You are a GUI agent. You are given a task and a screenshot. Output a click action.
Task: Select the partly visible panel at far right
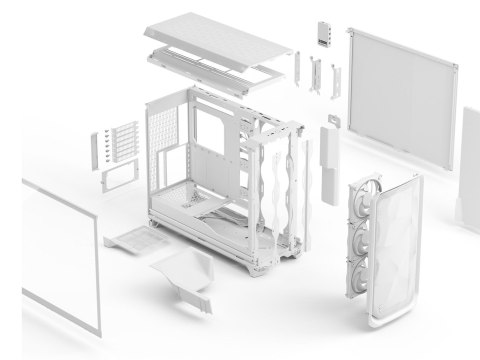coord(471,160)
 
